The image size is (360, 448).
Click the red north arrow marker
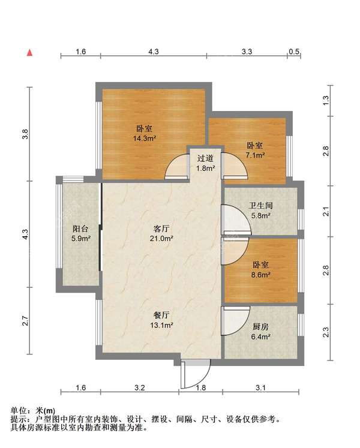coord(29,53)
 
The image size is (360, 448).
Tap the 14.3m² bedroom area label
coord(145,133)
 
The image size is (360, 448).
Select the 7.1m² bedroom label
coord(255,151)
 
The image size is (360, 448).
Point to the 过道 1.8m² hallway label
coord(205,163)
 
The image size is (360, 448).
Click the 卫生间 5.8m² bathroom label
coord(261,211)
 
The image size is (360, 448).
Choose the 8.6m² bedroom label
coord(261,270)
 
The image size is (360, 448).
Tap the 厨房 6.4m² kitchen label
coord(260,332)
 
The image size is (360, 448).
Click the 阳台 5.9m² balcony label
coord(81,233)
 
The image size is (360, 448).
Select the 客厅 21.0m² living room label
coord(161,233)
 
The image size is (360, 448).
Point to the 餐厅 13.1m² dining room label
coord(161,320)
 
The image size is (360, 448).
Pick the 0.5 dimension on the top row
coord(294,52)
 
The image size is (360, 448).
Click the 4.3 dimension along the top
coord(154,52)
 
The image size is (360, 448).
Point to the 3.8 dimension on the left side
coord(25,134)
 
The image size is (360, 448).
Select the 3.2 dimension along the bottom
coord(140,387)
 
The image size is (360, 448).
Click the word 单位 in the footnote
coord(19,411)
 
